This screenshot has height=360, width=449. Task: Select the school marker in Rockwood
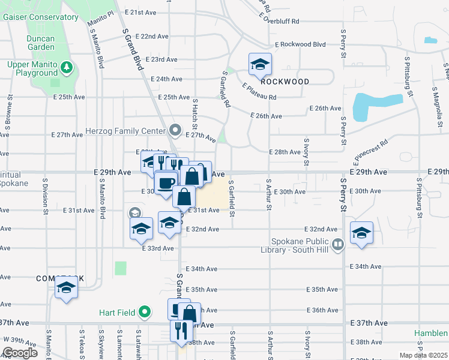point(260,64)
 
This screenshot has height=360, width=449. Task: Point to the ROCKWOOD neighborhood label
point(285,82)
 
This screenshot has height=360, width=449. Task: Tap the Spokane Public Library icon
point(338,244)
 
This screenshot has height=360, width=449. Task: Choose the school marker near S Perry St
point(361,233)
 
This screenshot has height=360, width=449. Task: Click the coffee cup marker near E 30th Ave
point(166,182)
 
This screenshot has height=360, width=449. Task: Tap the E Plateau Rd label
point(259,92)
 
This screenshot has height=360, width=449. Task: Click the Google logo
point(20,353)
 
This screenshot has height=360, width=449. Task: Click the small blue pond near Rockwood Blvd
point(430,41)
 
